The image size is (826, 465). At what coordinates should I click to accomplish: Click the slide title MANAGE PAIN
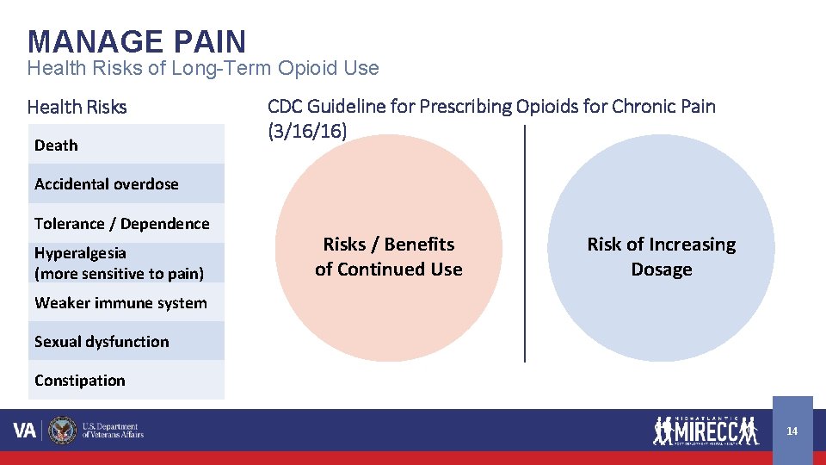[x=137, y=40]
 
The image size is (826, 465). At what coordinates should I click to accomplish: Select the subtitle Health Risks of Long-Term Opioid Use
[x=202, y=68]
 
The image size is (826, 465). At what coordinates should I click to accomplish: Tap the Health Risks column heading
[x=77, y=108]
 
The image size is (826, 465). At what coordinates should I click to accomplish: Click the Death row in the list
[x=126, y=145]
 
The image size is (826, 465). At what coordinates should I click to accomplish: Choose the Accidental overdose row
[x=126, y=183]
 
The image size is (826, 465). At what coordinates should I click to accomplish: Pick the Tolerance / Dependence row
[x=126, y=223]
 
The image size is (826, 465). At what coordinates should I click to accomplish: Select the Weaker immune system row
[x=126, y=302]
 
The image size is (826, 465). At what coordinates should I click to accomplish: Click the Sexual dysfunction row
[x=126, y=341]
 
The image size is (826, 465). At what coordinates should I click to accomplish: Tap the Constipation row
[x=126, y=380]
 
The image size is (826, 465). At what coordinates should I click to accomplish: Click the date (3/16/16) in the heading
[x=307, y=129]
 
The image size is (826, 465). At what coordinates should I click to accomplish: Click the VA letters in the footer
[x=25, y=430]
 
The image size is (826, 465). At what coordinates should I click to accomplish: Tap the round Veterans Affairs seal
[x=63, y=430]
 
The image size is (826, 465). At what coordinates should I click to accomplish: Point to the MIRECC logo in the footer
[x=706, y=429]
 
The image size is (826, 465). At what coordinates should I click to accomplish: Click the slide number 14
[x=792, y=431]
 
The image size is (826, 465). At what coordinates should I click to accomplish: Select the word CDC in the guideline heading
[x=286, y=107]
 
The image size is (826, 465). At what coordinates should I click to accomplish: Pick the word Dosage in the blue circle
[x=661, y=270]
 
